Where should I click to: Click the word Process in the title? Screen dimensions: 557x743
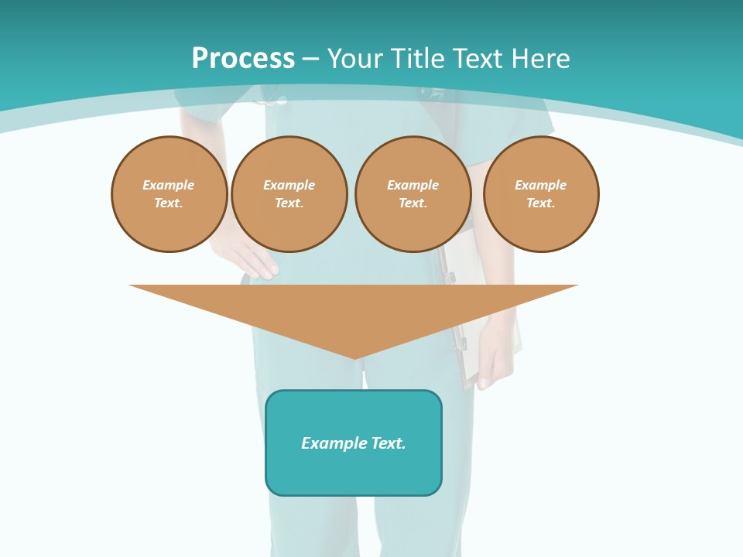tap(243, 59)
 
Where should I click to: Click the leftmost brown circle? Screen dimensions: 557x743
tap(169, 194)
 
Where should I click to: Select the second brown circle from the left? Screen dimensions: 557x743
tap(289, 194)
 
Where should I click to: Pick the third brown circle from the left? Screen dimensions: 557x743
tap(413, 194)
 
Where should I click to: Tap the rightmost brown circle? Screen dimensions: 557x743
tap(541, 194)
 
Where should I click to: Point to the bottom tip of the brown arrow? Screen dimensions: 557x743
tap(354, 357)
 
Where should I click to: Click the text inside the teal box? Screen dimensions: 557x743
tap(354, 443)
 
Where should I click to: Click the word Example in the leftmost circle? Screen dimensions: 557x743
tap(169, 185)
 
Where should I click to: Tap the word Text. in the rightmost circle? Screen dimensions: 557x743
tap(541, 203)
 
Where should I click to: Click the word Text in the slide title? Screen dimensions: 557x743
tap(478, 59)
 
